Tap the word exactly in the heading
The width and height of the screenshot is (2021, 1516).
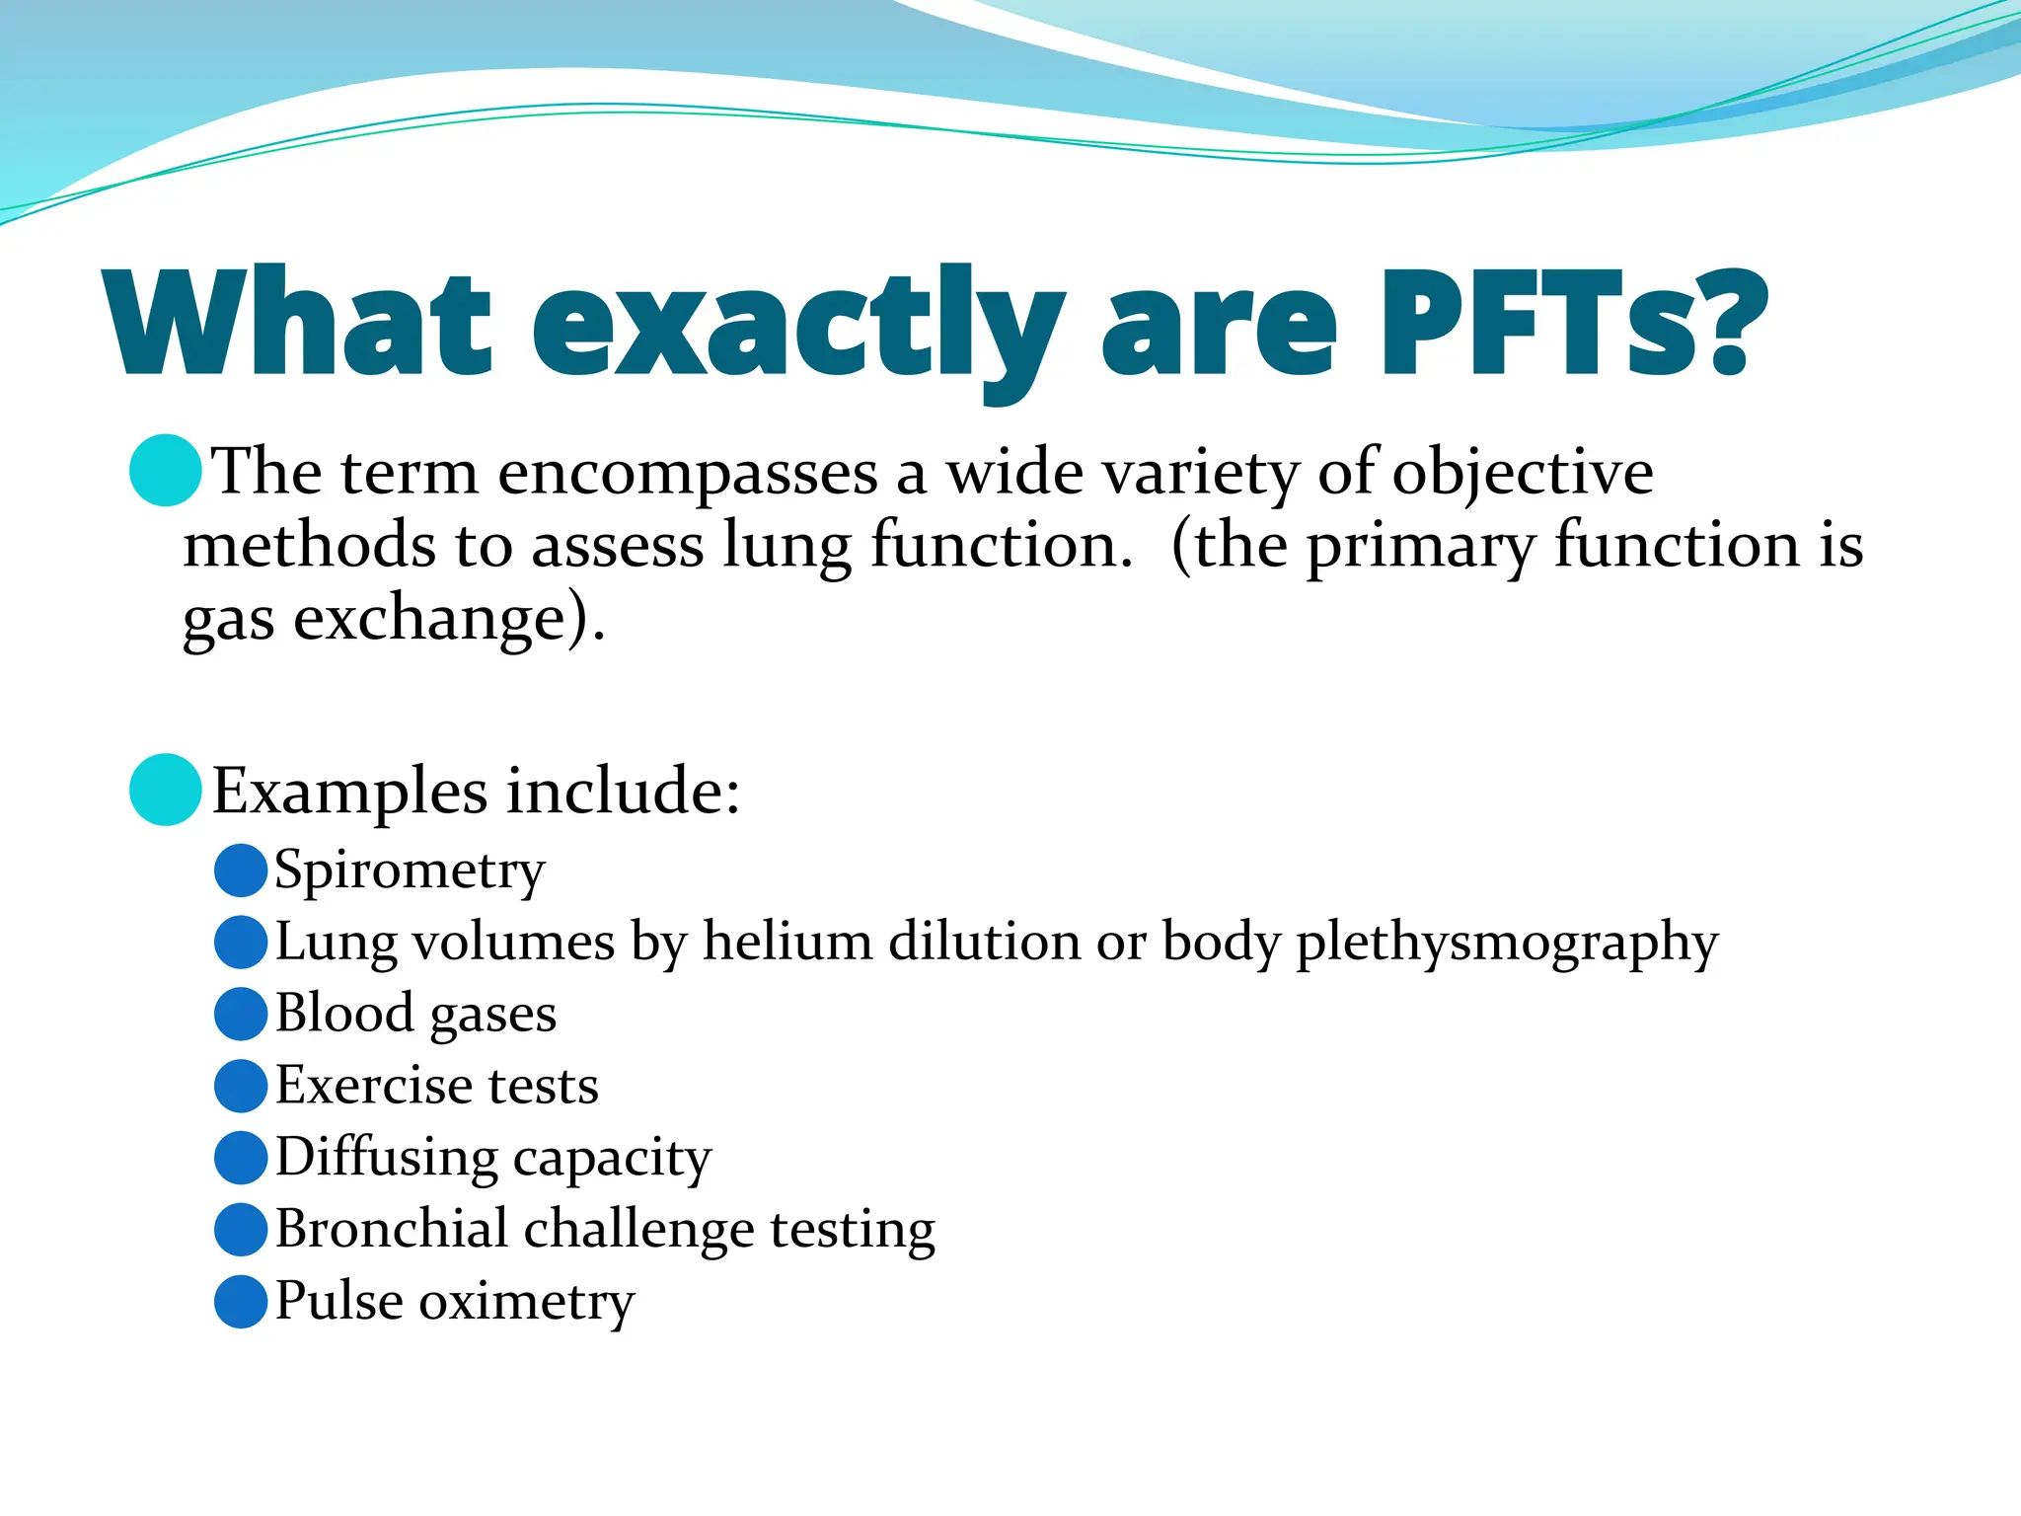pos(797,326)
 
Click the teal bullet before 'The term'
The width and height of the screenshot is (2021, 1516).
pos(166,471)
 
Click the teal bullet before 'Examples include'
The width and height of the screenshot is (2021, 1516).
pos(166,790)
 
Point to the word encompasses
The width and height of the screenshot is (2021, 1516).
pos(688,474)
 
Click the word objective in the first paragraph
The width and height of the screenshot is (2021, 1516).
pos(1522,474)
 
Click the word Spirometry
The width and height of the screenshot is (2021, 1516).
pos(410,872)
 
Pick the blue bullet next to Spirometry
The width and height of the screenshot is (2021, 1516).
pos(241,871)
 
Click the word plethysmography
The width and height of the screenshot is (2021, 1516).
pos(1507,944)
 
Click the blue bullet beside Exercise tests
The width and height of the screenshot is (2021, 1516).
pos(241,1086)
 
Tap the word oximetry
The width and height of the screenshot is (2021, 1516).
pos(527,1302)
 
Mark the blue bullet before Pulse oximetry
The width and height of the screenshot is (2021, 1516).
pos(241,1301)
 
